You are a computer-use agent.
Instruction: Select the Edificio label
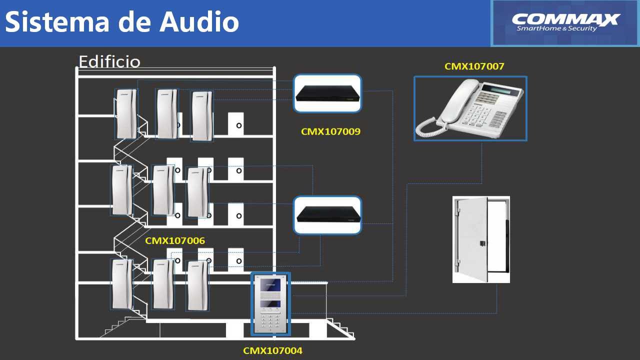click(109, 61)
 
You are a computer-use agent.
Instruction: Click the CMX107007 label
click(474, 66)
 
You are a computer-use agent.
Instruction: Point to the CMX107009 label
click(330, 132)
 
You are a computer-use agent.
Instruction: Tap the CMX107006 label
click(174, 240)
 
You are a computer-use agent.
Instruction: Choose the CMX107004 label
click(272, 350)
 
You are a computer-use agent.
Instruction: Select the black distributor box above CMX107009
click(327, 93)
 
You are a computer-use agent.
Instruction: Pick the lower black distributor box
click(327, 215)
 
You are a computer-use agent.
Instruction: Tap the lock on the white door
click(482, 243)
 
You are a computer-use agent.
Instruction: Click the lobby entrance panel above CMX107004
click(270, 304)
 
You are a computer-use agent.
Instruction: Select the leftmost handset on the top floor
click(125, 114)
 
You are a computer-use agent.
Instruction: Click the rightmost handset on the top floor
click(202, 116)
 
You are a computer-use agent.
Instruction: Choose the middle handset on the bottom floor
click(163, 284)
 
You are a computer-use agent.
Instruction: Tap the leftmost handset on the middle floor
click(122, 190)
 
